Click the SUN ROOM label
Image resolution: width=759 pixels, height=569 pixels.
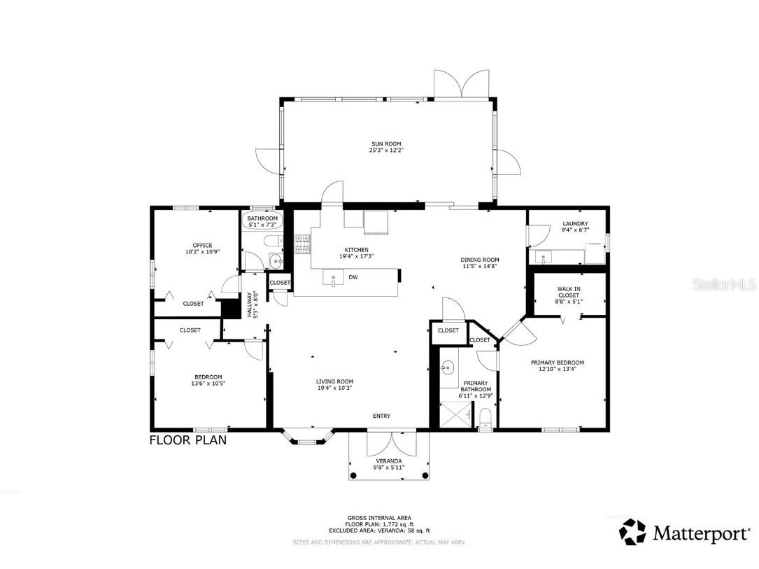[386, 143]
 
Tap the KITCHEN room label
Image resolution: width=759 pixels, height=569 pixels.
[356, 250]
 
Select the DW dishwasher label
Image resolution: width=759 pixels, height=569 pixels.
[353, 278]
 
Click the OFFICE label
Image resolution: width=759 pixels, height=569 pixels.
[202, 245]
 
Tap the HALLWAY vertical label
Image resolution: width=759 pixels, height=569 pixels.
[250, 305]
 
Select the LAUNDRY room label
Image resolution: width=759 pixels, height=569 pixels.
[575, 224]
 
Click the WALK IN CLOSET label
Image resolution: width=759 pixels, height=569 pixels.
[568, 292]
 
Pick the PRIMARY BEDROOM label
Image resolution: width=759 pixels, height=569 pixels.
[557, 363]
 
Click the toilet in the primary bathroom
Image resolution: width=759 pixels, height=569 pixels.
[485, 419]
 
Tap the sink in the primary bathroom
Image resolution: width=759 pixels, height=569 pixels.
[447, 367]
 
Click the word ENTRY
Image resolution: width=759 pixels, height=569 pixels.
[381, 416]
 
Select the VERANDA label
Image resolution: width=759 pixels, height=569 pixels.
[389, 461]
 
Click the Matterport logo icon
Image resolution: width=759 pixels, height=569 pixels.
[632, 533]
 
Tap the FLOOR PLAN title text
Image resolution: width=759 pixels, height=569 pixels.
[187, 440]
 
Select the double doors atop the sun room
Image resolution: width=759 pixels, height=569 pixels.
[461, 84]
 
